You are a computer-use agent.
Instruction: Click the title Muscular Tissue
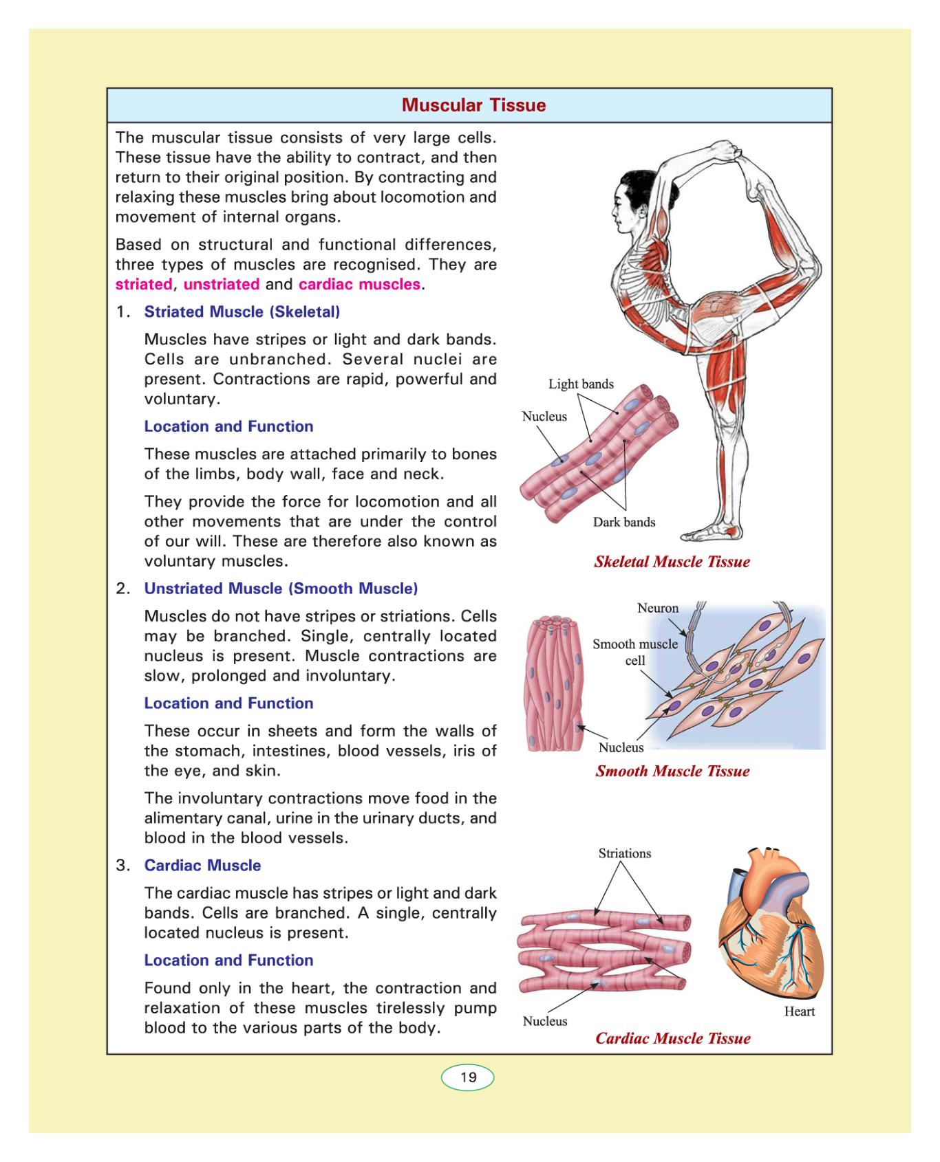(x=473, y=105)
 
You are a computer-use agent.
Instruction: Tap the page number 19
(x=468, y=1077)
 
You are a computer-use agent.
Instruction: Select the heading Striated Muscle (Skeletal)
(x=242, y=312)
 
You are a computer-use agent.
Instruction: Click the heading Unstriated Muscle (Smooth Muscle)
(x=281, y=589)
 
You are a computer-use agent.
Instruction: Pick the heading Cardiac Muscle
(x=202, y=866)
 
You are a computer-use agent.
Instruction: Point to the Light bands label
(x=581, y=384)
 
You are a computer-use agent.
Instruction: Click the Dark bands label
(x=624, y=523)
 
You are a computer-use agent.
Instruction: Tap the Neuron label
(x=658, y=609)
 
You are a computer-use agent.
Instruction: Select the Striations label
(x=624, y=854)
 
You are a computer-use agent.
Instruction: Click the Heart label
(x=799, y=1011)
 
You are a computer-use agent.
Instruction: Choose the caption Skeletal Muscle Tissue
(x=672, y=562)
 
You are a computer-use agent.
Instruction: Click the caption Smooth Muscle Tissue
(x=672, y=771)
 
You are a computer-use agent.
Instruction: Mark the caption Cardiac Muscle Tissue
(x=672, y=1039)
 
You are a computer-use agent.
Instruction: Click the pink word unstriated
(x=222, y=285)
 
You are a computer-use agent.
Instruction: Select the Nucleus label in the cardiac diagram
(x=545, y=1022)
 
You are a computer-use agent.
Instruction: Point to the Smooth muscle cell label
(x=634, y=653)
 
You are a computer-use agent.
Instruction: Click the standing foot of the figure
(x=712, y=533)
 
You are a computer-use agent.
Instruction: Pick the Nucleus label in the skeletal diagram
(x=544, y=417)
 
